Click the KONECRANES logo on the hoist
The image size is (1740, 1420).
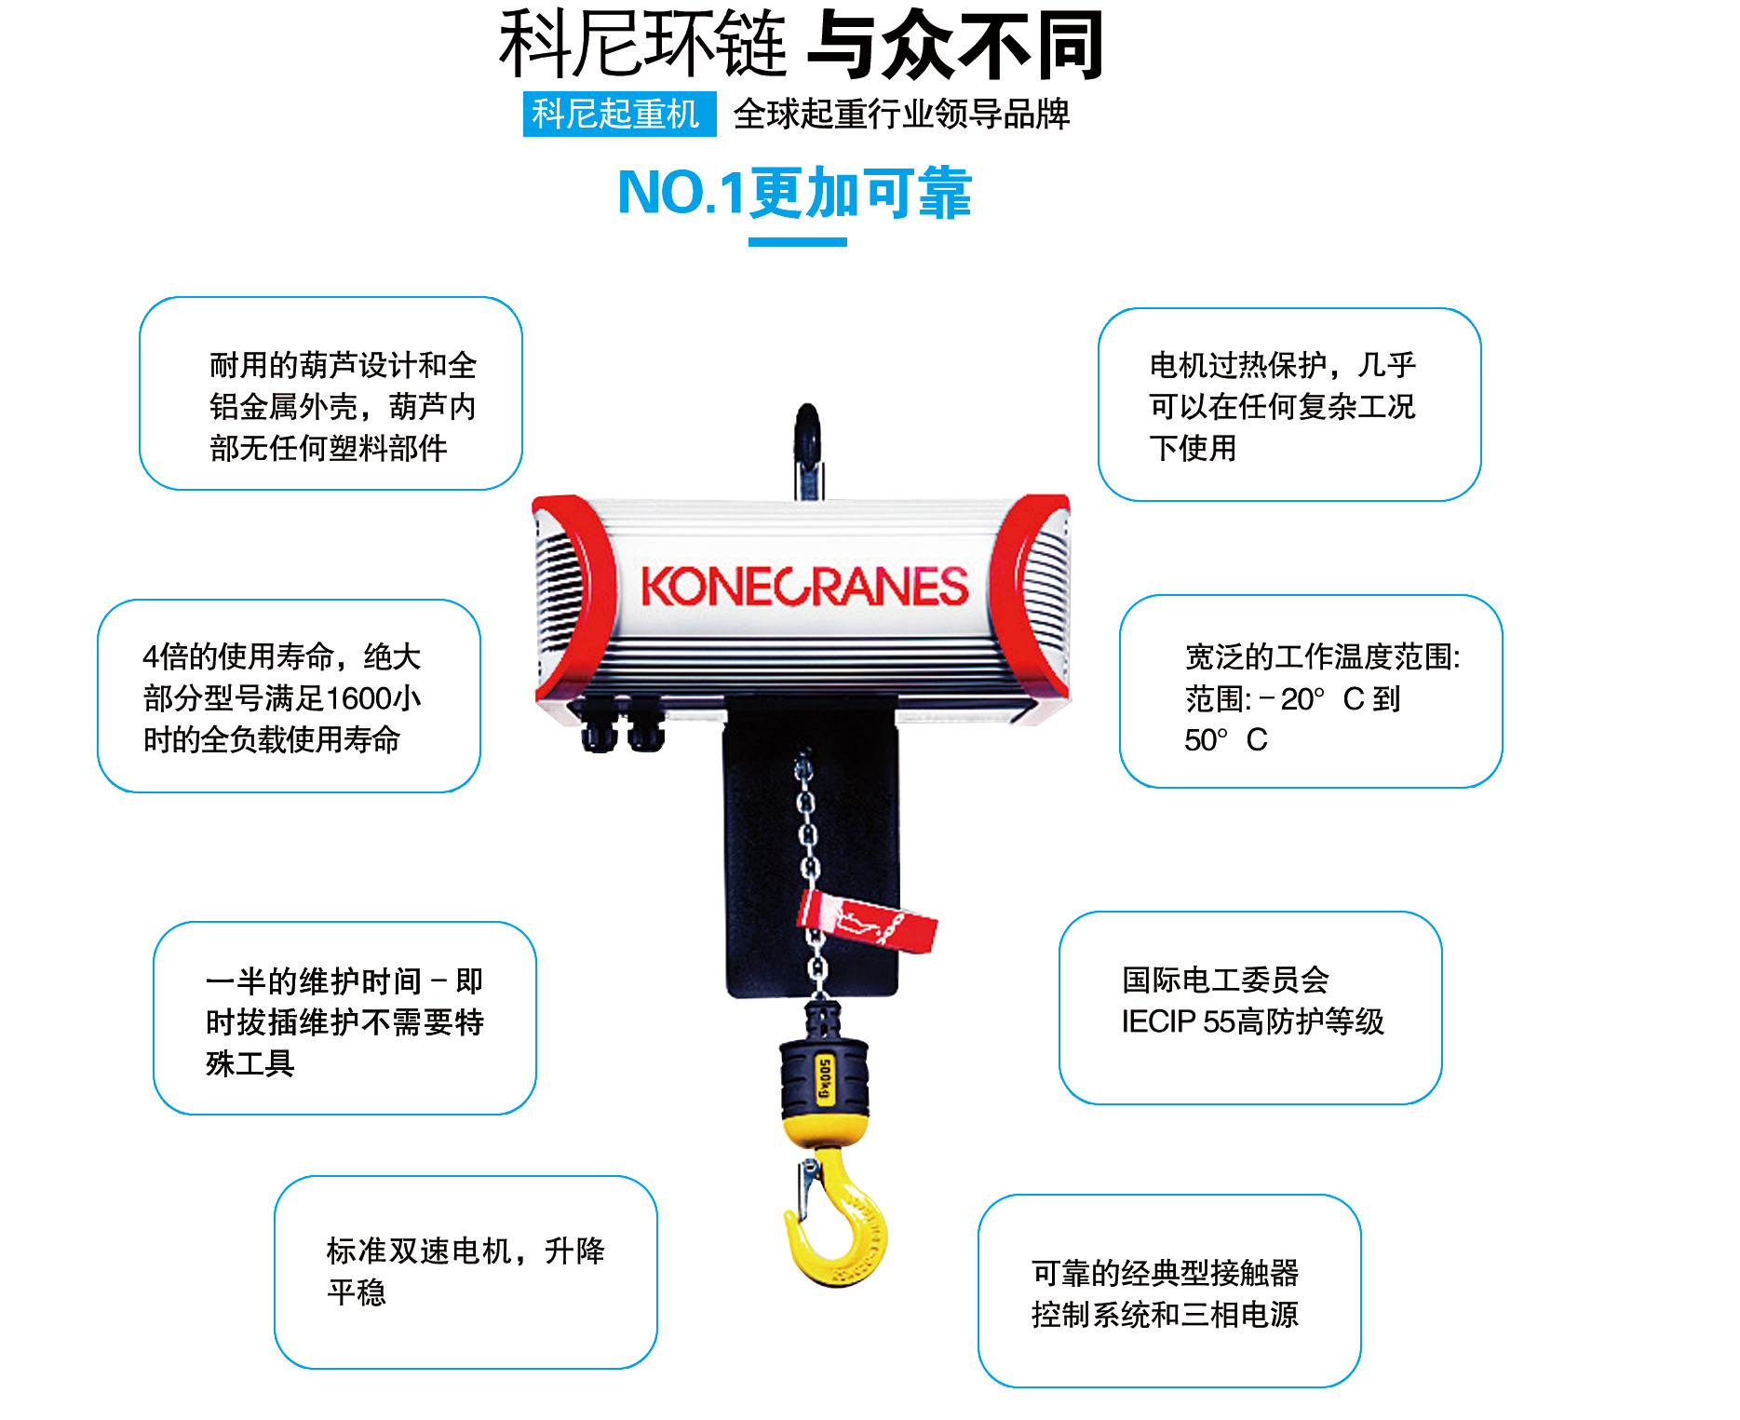click(x=804, y=587)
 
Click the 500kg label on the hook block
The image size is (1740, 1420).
click(x=824, y=1078)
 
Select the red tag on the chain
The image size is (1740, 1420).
click(x=870, y=918)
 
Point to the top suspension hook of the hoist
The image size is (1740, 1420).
click(x=807, y=447)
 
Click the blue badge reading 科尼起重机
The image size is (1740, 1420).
click(x=619, y=115)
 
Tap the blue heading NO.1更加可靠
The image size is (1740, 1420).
click(x=795, y=194)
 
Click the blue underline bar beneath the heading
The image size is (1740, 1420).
click(x=797, y=242)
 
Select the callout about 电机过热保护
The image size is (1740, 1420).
click(x=1289, y=405)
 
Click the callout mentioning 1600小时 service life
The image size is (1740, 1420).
click(x=289, y=696)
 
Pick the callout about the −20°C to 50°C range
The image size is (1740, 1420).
click(x=1311, y=692)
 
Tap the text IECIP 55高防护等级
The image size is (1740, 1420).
click(x=1252, y=1021)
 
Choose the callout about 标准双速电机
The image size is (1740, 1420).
click(x=465, y=1272)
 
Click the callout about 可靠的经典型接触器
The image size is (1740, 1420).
click(x=1169, y=1292)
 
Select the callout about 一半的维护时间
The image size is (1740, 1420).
click(x=344, y=1019)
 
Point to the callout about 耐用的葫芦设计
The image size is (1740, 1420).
click(x=330, y=394)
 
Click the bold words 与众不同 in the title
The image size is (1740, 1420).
click(x=955, y=45)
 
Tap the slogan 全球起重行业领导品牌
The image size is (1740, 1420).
click(x=901, y=115)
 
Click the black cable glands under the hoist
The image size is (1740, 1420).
click(x=622, y=724)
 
